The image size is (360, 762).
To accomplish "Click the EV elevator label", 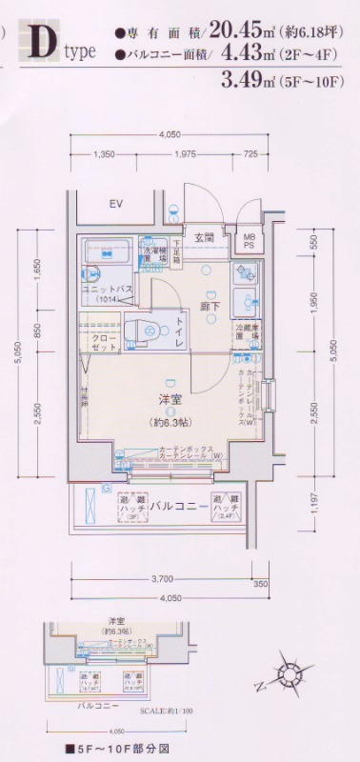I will [x=116, y=205].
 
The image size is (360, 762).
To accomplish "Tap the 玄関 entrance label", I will [x=204, y=237].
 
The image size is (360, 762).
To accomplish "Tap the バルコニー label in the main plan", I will [x=179, y=506].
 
